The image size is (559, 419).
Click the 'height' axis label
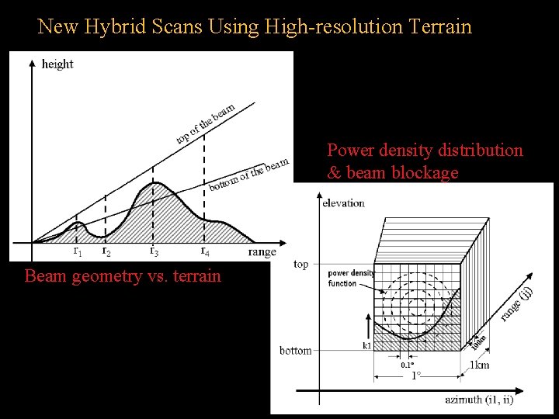(x=57, y=64)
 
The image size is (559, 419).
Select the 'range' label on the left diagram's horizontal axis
(x=262, y=251)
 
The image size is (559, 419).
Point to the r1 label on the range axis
(x=77, y=251)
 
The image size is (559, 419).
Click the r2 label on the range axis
(x=106, y=251)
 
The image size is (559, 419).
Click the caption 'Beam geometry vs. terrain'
(x=123, y=275)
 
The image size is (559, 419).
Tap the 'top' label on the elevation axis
(x=301, y=264)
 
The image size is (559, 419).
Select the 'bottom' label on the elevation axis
(x=295, y=351)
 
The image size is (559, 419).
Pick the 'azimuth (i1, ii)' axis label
(x=478, y=400)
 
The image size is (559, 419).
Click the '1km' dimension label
(x=480, y=365)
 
